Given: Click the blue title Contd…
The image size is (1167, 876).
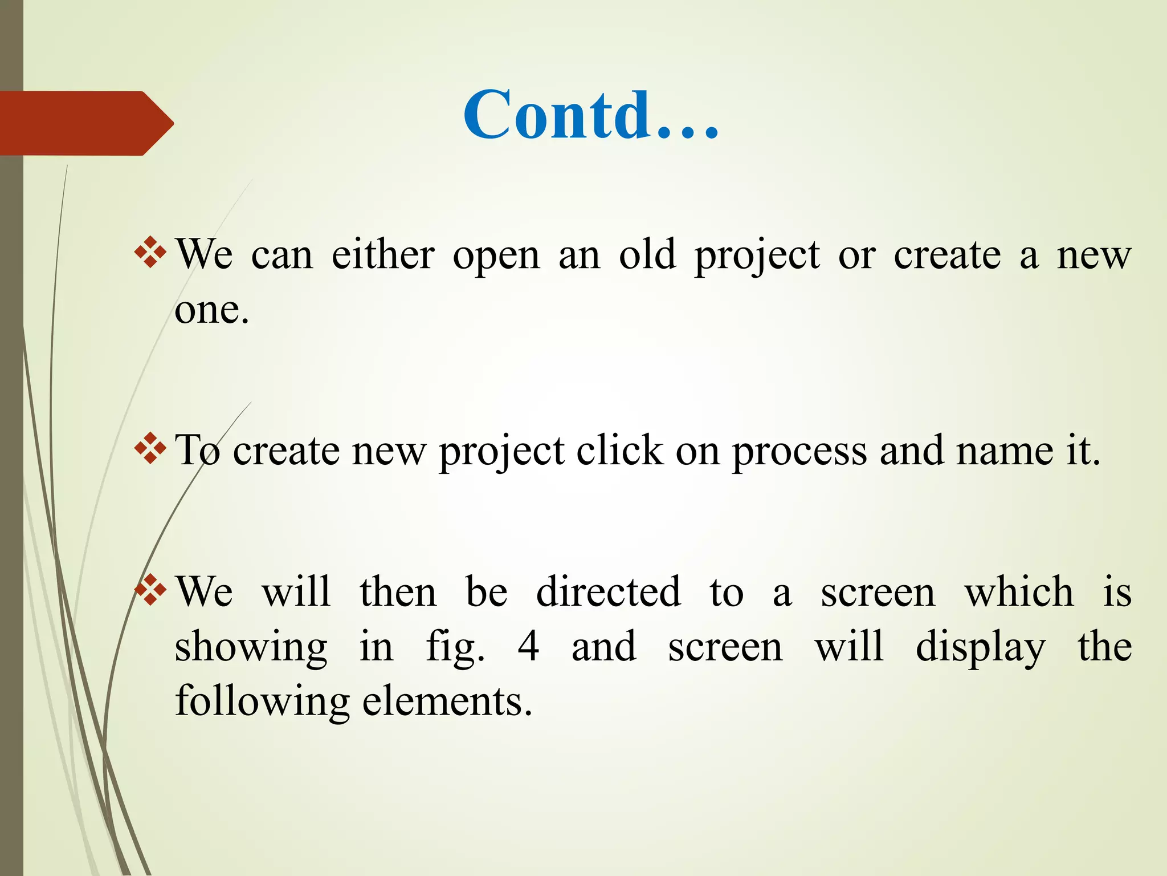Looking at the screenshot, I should point(591,116).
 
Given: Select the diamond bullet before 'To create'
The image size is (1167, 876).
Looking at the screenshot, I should point(150,449).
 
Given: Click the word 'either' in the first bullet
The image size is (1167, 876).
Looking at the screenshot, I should point(383,255).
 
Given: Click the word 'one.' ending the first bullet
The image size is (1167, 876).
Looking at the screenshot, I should point(212,311).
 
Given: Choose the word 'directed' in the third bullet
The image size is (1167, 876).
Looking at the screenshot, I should point(608,592).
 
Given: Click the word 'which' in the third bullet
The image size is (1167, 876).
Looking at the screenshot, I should point(1019,592).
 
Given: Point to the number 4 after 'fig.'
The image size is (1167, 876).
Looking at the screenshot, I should point(528,647).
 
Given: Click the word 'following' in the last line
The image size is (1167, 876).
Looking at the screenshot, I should point(262,702).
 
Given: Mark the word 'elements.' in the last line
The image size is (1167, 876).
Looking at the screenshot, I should point(447,701).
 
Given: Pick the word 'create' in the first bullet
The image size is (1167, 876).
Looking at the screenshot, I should point(947,255).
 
